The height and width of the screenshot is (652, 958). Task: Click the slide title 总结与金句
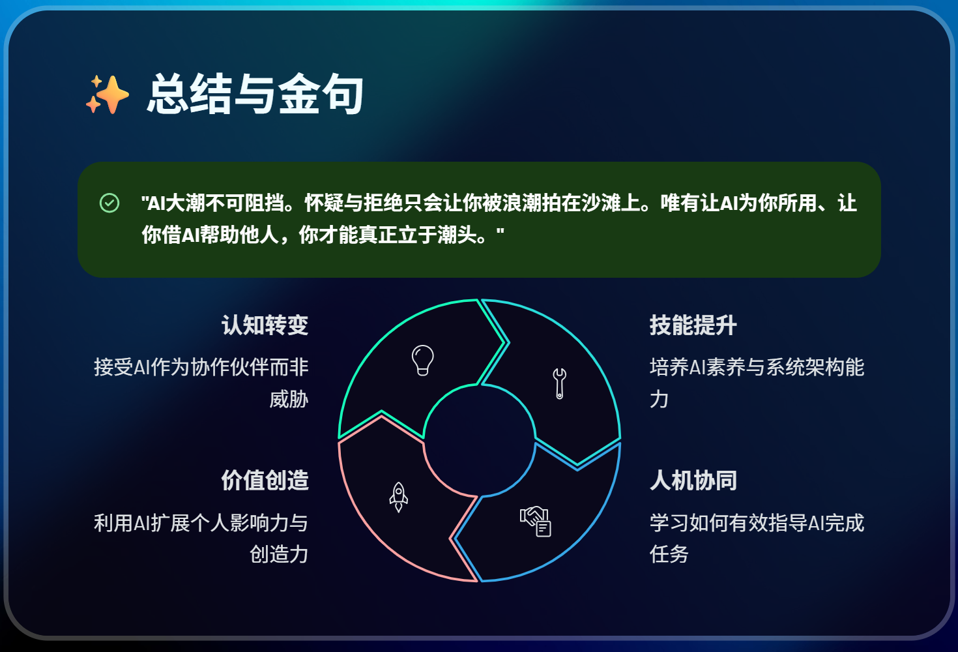coord(255,95)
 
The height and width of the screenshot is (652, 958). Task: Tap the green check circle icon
coord(109,203)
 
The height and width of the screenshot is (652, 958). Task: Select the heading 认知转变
coord(265,325)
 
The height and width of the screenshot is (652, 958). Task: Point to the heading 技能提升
coord(693,325)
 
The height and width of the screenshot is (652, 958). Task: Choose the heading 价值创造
coord(265,481)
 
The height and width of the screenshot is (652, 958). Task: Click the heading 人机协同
coord(693,481)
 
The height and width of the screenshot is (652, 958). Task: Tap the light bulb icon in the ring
coord(422,360)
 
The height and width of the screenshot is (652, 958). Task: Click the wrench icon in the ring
coord(559,383)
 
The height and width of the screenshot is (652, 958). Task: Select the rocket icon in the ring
coord(398,497)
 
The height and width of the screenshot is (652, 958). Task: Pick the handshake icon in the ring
coord(536,521)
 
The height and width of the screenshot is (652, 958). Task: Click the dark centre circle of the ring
coord(480,440)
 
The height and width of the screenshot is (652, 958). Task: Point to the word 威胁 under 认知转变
coord(289,399)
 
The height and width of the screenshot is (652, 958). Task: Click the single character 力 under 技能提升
coord(659,399)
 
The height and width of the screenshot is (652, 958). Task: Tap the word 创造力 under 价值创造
coord(279,554)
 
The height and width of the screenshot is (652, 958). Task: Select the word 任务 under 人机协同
coord(669,554)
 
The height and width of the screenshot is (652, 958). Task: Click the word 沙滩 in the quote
coord(600,203)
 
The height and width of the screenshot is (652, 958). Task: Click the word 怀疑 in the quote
coord(323,203)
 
